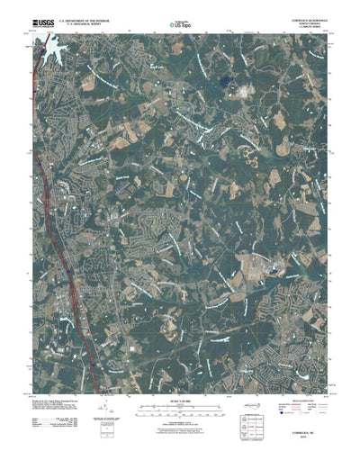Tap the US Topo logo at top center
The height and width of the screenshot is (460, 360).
tap(180, 24)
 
